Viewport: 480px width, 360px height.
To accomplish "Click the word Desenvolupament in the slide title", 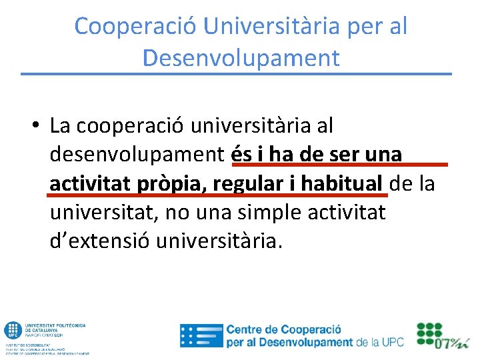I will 241,58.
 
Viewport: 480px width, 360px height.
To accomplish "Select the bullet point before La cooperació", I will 33,126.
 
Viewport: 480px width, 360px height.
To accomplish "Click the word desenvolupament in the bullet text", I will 137,155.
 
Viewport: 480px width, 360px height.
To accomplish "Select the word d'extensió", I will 100,241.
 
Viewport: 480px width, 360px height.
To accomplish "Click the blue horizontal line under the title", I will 236,73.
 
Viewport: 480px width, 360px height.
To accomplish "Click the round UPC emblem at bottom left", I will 13,330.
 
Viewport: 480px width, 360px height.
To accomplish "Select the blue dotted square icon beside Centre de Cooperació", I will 201,335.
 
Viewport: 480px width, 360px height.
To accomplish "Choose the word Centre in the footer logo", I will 245,329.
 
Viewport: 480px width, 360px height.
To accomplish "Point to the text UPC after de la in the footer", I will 393,343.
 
